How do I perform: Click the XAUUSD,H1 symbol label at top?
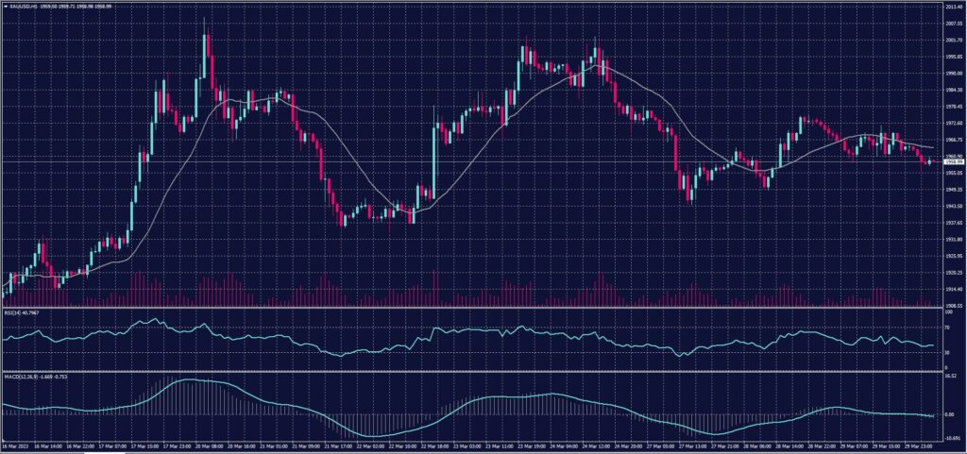(28, 6)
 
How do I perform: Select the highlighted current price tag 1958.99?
(952, 162)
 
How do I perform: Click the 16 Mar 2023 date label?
(16, 446)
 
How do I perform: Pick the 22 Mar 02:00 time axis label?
(371, 446)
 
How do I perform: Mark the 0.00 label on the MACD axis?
(949, 414)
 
